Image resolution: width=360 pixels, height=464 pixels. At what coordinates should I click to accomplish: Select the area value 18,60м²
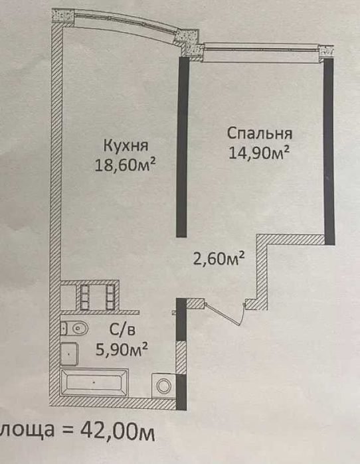pos(130,164)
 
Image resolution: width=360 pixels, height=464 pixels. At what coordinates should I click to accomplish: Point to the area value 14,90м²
pos(260,152)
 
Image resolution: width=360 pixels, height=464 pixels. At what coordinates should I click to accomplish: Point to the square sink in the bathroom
pos(70,353)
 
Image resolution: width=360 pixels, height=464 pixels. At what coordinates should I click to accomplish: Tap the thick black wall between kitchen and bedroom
pos(181,146)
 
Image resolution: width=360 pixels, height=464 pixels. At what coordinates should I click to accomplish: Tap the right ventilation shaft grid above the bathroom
pos(109,297)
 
